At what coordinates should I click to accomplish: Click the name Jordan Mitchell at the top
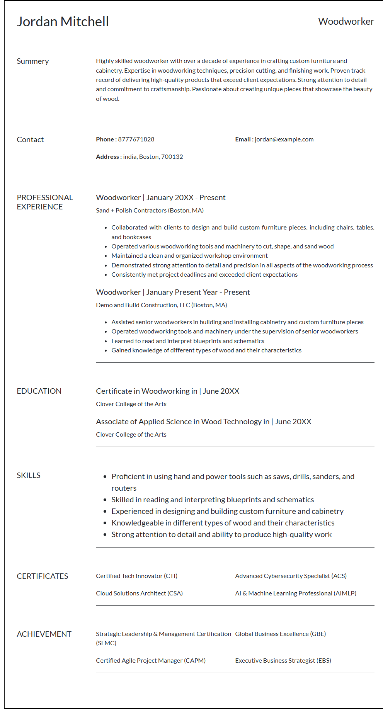pyautogui.click(x=63, y=22)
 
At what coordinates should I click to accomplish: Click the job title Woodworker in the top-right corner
pyautogui.click(x=346, y=22)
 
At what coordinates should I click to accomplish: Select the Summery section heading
pyautogui.click(x=33, y=61)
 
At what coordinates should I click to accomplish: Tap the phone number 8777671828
pyautogui.click(x=136, y=139)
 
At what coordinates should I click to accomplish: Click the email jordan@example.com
pyautogui.click(x=284, y=139)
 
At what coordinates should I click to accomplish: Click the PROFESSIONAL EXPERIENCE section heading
pyautogui.click(x=45, y=202)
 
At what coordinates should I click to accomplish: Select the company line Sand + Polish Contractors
pyautogui.click(x=150, y=211)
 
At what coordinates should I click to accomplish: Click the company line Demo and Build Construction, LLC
pyautogui.click(x=161, y=305)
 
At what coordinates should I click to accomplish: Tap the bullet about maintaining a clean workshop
pyautogui.click(x=189, y=256)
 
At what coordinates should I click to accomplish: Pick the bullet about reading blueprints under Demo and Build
pyautogui.click(x=188, y=341)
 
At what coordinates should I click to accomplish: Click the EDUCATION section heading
pyautogui.click(x=39, y=391)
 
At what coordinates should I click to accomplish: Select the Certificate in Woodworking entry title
pyautogui.click(x=167, y=391)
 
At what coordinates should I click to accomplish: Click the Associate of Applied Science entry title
pyautogui.click(x=203, y=422)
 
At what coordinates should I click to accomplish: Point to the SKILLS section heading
pyautogui.click(x=29, y=475)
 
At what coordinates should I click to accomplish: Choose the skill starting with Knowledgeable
pyautogui.click(x=223, y=523)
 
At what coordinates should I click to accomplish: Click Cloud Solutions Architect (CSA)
pyautogui.click(x=139, y=593)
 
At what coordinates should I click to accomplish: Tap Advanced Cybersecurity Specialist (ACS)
pyautogui.click(x=291, y=576)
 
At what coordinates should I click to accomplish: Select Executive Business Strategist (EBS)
pyautogui.click(x=283, y=661)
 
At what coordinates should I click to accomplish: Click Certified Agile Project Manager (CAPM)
pyautogui.click(x=151, y=661)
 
